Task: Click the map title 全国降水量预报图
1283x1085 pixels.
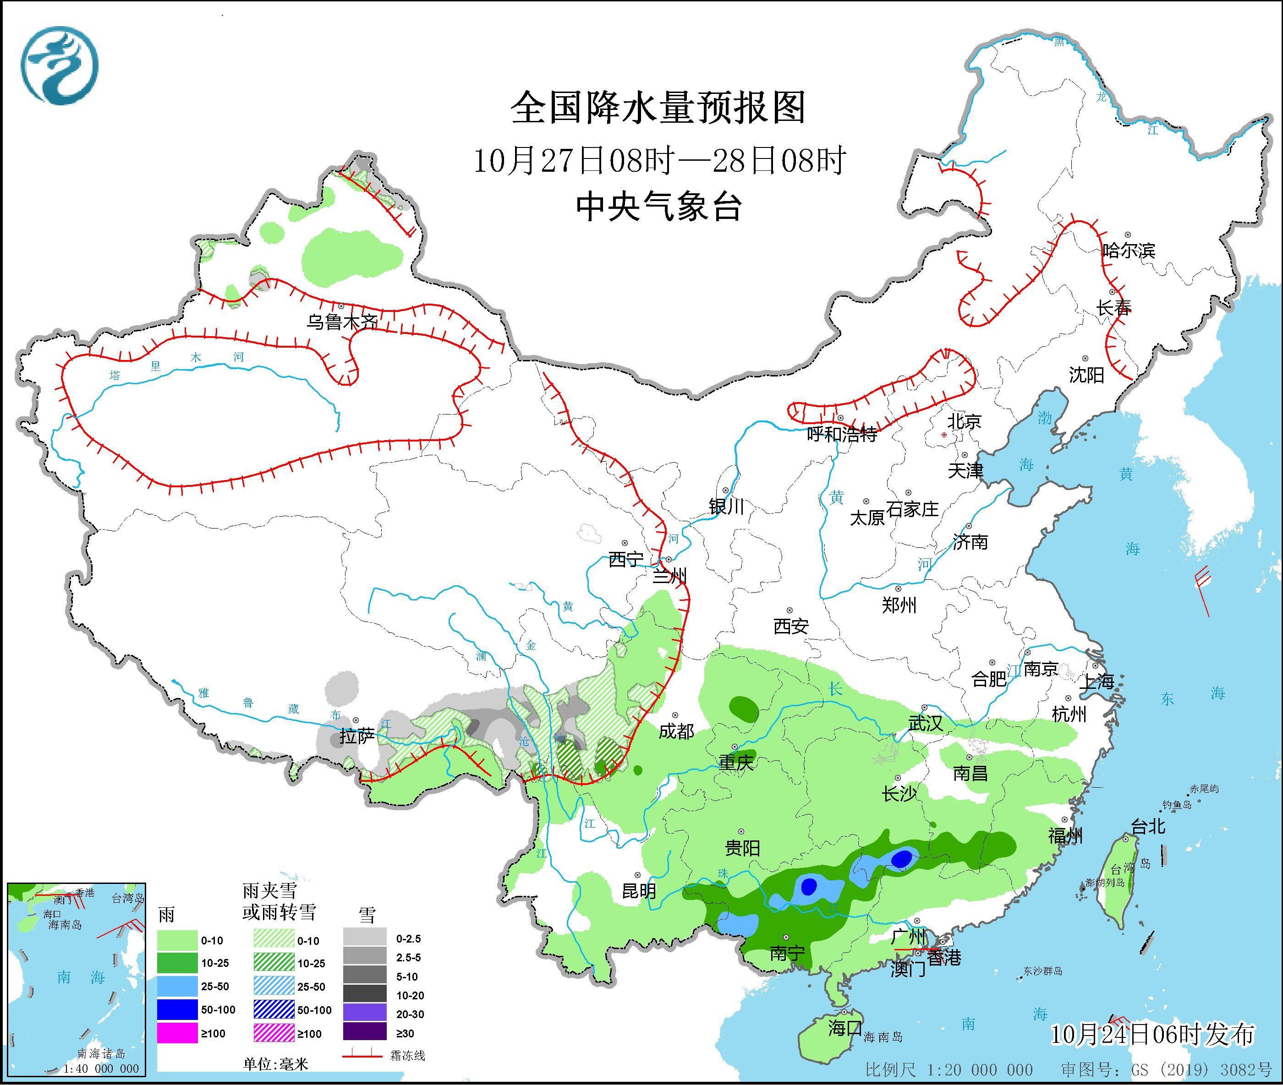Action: click(658, 108)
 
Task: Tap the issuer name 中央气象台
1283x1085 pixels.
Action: click(658, 206)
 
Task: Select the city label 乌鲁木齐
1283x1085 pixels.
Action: click(342, 321)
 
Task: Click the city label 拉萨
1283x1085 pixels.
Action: click(356, 736)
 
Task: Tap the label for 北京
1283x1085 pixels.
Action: click(964, 421)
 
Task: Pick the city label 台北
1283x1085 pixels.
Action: click(1148, 827)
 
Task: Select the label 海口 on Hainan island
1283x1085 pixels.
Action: click(844, 1028)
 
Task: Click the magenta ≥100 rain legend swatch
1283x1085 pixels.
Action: click(176, 1033)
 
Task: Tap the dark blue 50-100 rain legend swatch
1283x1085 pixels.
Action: click(176, 1010)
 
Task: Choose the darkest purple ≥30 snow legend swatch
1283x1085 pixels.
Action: click(365, 1033)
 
